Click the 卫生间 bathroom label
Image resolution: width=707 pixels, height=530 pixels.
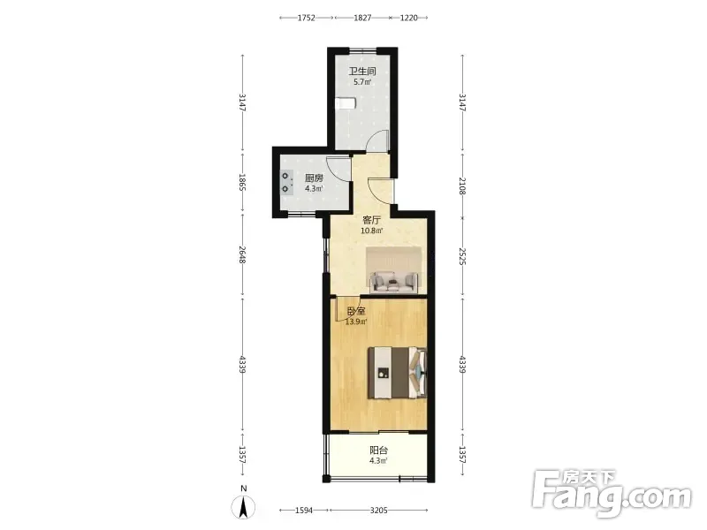pos(362,72)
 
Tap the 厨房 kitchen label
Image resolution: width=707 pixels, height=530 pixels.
pos(314,178)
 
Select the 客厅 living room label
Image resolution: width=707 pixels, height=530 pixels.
pos(372,220)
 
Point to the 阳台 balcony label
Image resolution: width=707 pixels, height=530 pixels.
pos(379,450)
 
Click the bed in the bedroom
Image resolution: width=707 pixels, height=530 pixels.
pos(397,373)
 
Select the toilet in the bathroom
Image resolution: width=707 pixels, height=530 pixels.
pos(346,103)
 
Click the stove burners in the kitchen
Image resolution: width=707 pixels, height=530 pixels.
pos(286,182)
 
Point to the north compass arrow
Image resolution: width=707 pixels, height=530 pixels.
pos(243,507)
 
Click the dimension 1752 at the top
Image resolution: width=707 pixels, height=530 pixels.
pos(306,18)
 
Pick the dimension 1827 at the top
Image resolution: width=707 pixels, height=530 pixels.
pos(362,18)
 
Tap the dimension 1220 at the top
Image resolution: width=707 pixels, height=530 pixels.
pos(409,18)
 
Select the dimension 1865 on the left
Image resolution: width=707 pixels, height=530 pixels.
pos(242,183)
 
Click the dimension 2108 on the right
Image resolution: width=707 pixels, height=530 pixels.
pos(462,185)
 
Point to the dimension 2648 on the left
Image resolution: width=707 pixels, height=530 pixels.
pos(242,255)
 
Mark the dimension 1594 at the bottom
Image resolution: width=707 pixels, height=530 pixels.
pos(304,511)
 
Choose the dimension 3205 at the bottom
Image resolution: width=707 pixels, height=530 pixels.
pos(379,511)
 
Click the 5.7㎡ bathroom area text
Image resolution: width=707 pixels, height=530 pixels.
pos(362,82)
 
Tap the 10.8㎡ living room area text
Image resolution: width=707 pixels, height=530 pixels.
pos(372,231)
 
